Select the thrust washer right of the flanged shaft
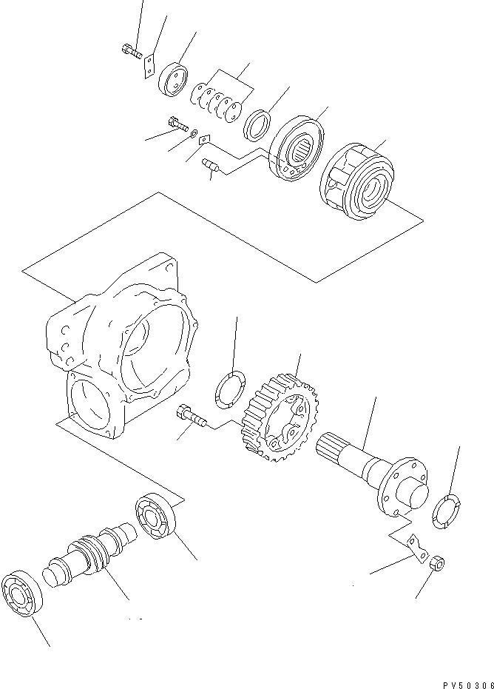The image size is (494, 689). (x=447, y=511)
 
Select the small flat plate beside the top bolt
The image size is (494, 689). (x=149, y=63)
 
